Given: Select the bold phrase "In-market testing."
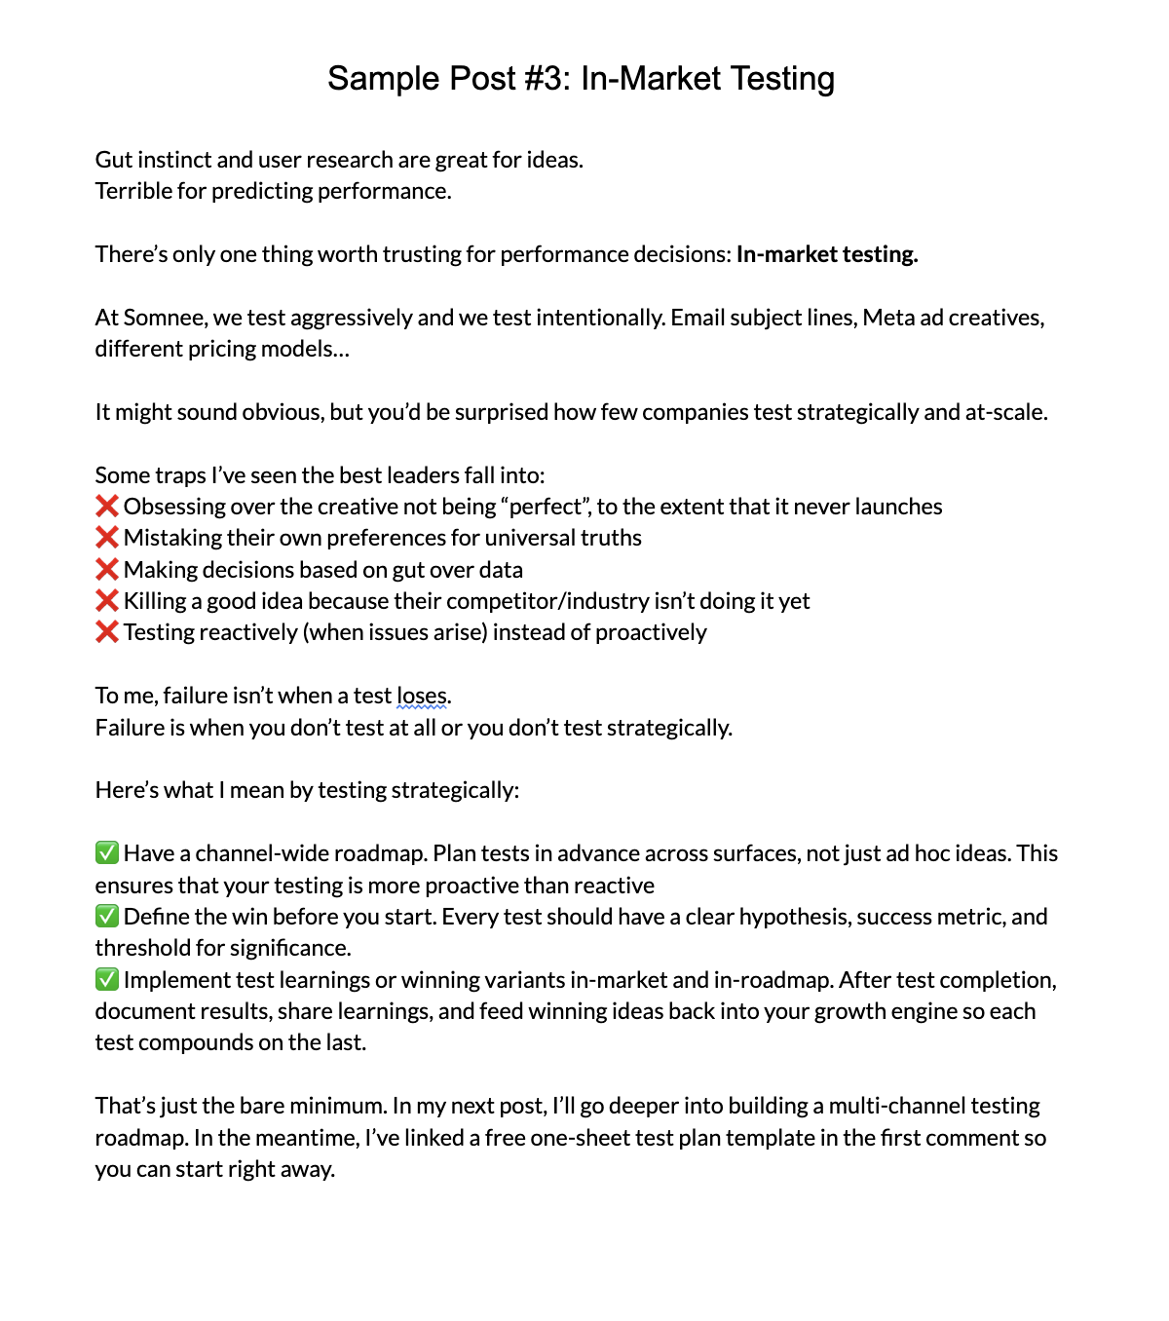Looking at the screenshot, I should pyautogui.click(x=827, y=254).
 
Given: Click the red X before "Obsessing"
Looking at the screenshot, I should pyautogui.click(x=106, y=507).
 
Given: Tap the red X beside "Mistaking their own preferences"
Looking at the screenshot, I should pyautogui.click(x=106, y=538).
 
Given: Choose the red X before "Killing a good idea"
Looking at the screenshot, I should pyautogui.click(x=106, y=601).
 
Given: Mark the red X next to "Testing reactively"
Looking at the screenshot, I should pyautogui.click(x=106, y=632).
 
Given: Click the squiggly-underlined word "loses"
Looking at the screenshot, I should pyautogui.click(x=422, y=696).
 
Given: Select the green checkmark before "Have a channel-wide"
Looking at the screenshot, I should pyautogui.click(x=106, y=853).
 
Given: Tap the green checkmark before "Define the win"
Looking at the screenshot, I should pyautogui.click(x=106, y=917).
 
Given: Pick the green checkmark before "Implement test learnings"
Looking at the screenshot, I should pyautogui.click(x=106, y=980).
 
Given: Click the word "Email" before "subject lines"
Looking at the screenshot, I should pyautogui.click(x=699, y=318).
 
